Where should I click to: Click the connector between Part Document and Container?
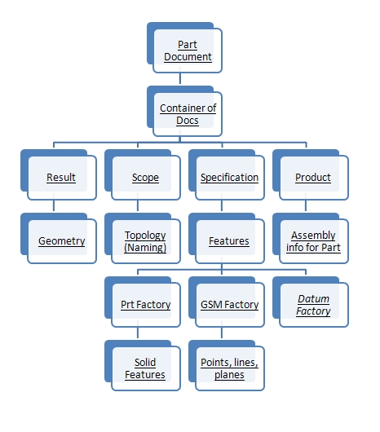180,78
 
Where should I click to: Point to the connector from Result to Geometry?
54,205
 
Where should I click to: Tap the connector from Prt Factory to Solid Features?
138,333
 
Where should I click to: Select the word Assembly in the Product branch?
313,236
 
